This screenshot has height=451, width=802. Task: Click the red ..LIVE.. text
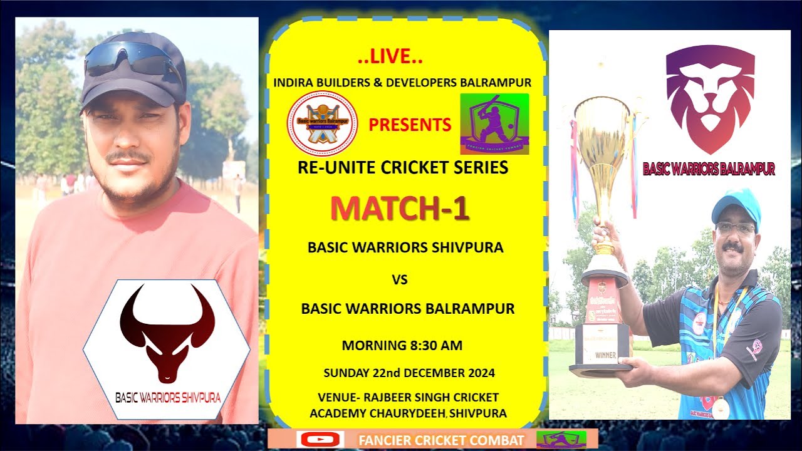(x=390, y=58)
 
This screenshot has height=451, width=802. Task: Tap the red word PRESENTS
(x=410, y=125)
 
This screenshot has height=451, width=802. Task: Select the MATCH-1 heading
(x=399, y=210)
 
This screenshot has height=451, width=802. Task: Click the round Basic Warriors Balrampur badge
(x=322, y=123)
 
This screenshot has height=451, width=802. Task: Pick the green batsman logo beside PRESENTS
(x=494, y=124)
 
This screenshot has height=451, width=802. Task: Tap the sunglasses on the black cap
(x=132, y=58)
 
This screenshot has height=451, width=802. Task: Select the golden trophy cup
(x=603, y=144)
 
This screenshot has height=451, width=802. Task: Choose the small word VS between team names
(x=400, y=280)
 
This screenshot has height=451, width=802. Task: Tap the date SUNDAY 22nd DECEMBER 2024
(x=409, y=373)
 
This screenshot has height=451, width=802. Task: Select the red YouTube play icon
(x=320, y=440)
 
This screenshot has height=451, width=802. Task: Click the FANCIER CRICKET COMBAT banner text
(x=441, y=440)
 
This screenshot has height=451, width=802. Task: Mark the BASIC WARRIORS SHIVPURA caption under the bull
(x=168, y=397)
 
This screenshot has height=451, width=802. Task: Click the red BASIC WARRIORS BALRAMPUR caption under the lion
(x=709, y=169)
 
